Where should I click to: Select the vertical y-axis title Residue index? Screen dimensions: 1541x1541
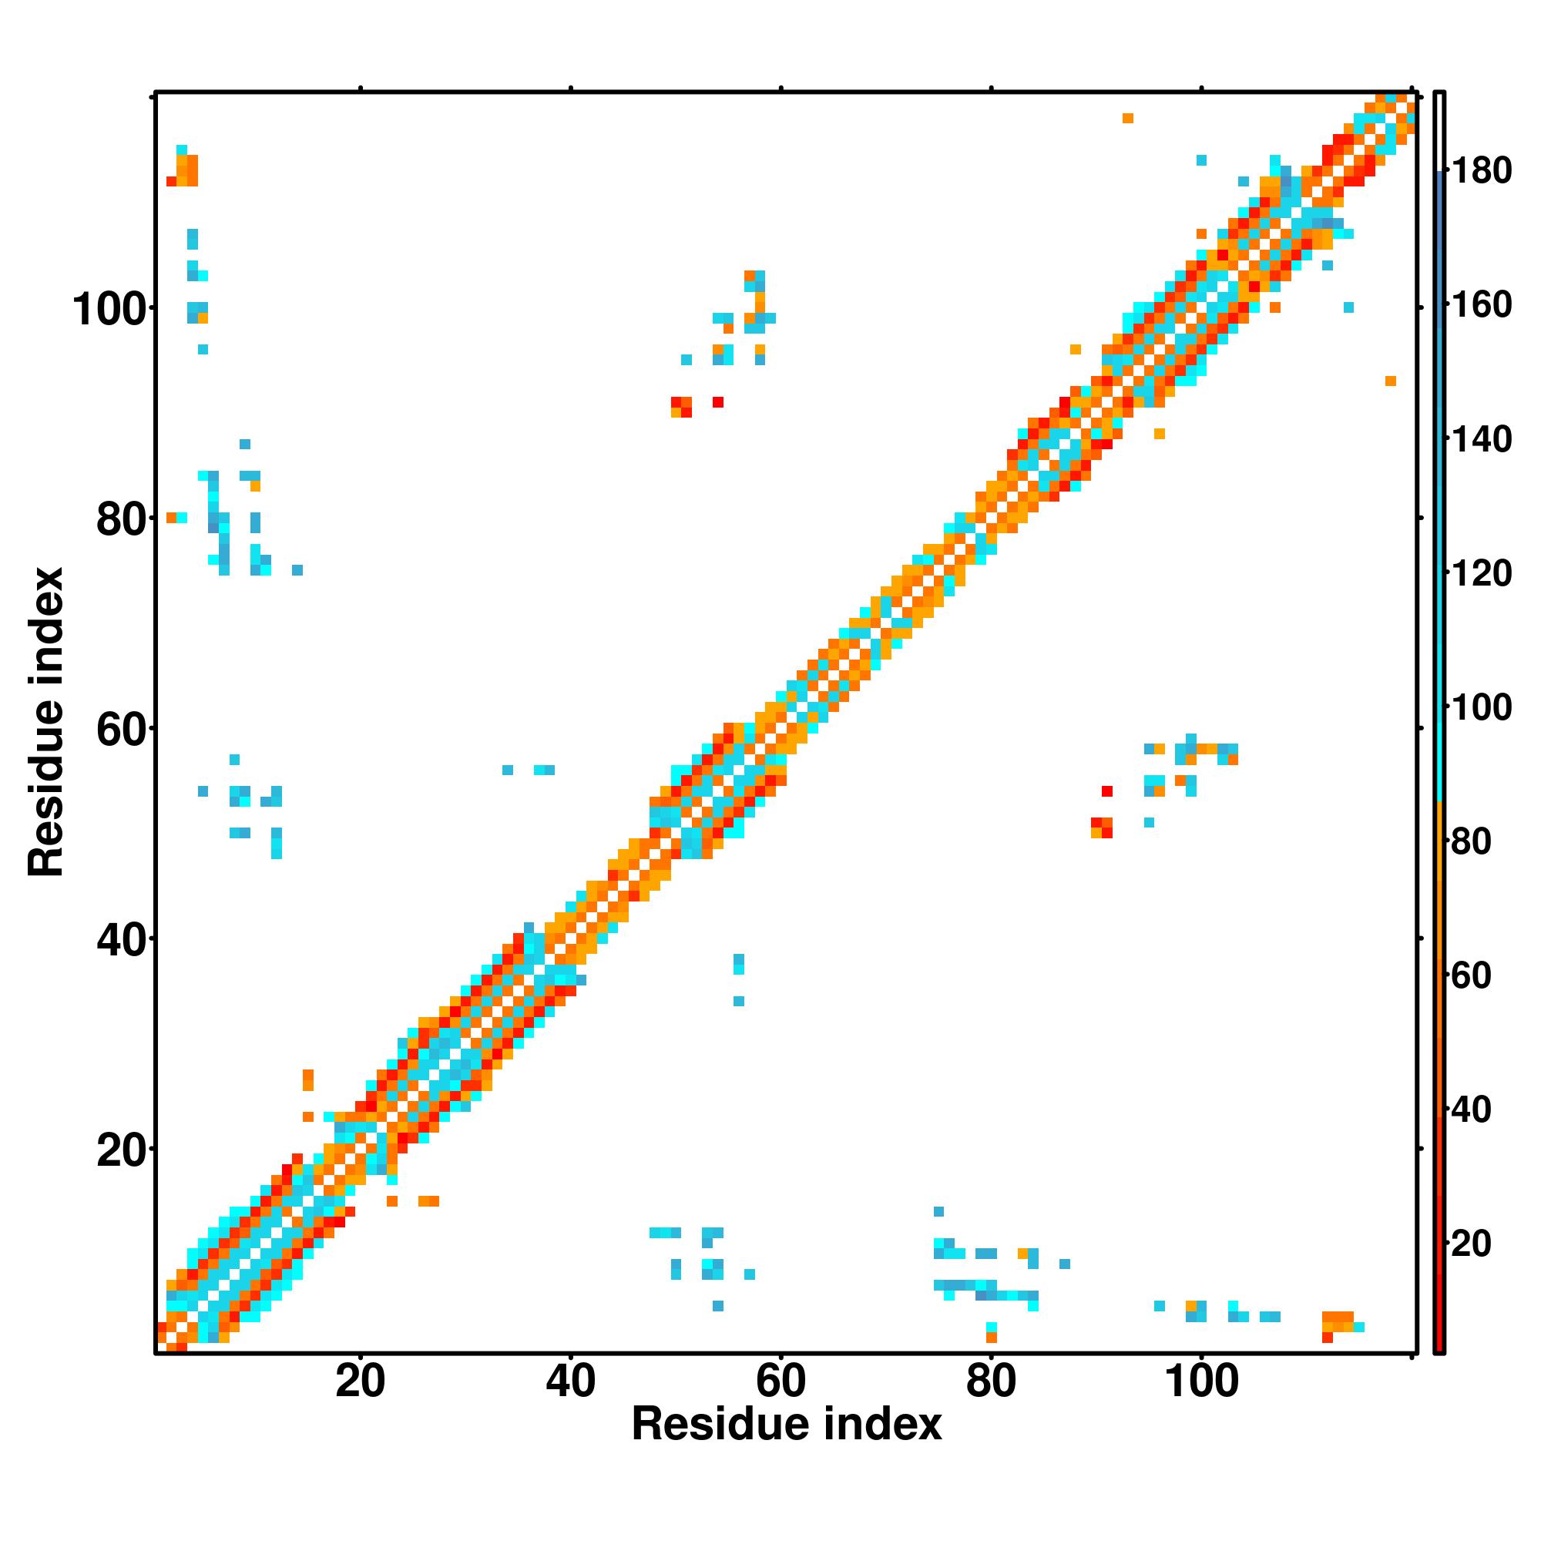46,722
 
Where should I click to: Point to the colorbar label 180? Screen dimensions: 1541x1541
1481,171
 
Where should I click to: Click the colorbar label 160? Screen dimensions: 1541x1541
1481,304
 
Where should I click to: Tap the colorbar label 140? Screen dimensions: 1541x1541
1481,438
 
